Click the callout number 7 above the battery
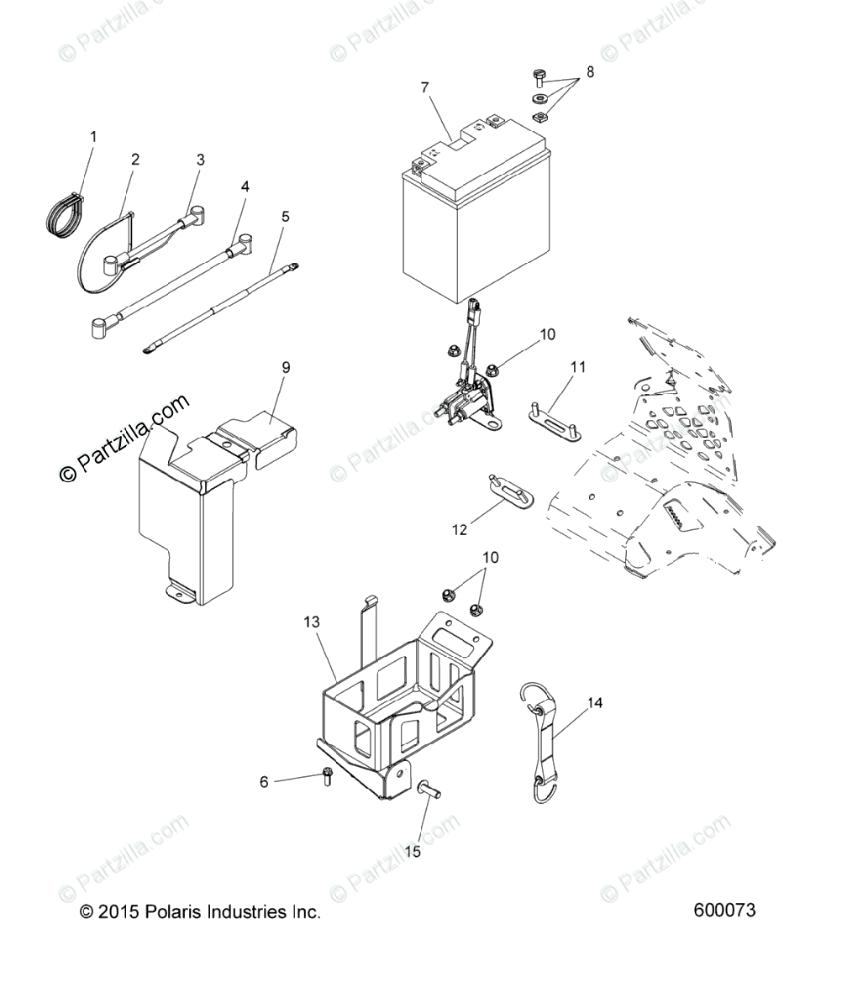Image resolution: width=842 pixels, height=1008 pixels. pyautogui.click(x=424, y=87)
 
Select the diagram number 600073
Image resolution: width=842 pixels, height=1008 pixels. pyautogui.click(x=725, y=911)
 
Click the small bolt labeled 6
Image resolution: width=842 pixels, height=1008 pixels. pyautogui.click(x=328, y=778)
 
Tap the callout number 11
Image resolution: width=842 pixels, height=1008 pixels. pyautogui.click(x=578, y=367)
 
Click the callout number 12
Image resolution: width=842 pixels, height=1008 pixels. pyautogui.click(x=460, y=529)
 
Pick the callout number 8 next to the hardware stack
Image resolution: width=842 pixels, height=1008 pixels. pyautogui.click(x=590, y=72)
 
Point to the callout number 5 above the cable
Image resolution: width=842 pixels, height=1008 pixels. pyautogui.click(x=286, y=217)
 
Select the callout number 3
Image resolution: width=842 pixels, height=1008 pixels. pyautogui.click(x=200, y=160)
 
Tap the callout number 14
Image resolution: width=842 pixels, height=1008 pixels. pyautogui.click(x=595, y=702)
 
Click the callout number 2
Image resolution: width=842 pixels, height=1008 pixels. pyautogui.click(x=135, y=160)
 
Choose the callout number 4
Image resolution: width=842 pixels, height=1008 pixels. pyautogui.click(x=245, y=186)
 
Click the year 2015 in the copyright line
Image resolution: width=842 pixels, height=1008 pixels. pyautogui.click(x=115, y=912)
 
